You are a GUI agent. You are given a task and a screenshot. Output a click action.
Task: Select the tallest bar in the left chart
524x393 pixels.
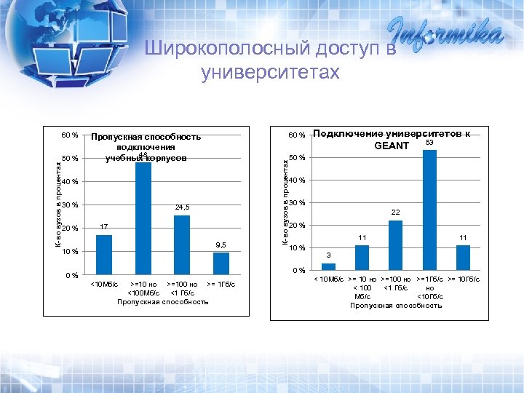coord(143,218)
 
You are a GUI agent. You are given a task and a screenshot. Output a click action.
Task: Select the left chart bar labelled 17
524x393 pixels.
coord(104,254)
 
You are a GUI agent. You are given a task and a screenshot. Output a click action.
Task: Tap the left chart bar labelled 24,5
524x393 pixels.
coord(182,245)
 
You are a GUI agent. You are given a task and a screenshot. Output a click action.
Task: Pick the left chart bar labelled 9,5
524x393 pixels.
coord(221,263)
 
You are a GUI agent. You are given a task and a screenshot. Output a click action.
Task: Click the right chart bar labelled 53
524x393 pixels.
coord(429,210)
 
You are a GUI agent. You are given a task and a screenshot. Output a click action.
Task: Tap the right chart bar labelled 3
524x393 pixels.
coord(328,266)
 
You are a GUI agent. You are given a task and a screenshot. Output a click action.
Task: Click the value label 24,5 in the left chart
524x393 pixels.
coord(182,207)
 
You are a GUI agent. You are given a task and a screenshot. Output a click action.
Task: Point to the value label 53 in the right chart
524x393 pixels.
coord(429,143)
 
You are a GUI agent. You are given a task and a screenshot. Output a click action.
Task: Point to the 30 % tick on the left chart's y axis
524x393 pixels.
coord(70,205)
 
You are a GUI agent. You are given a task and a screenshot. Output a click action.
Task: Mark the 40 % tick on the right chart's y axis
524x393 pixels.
coord(297,180)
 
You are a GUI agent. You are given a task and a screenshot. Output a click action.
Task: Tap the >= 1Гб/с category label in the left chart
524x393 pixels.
coord(221,284)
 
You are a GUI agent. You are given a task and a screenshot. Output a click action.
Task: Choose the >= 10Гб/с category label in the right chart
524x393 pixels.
coord(463,279)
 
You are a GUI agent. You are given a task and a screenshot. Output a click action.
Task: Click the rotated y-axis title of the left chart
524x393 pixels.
coord(58,205)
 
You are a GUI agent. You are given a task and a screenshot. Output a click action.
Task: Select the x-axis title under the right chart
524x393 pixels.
coord(395,306)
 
